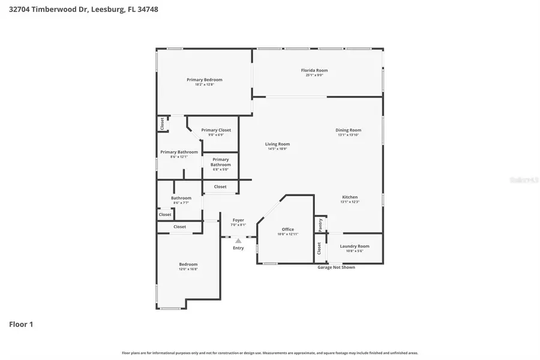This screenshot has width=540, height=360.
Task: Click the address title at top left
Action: coord(84,10)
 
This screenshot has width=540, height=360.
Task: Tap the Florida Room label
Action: coord(314,70)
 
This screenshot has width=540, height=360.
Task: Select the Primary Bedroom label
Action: coord(204,80)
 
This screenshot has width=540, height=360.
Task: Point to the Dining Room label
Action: coord(349,130)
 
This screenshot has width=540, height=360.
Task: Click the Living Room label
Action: coord(277,144)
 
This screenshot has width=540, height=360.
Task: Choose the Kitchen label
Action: coord(349,197)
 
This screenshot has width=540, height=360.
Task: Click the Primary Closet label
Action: coord(216,130)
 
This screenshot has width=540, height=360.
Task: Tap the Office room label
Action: coord(287,229)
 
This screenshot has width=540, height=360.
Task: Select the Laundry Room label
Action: coord(354,246)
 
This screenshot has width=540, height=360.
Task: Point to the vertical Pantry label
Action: coord(320,224)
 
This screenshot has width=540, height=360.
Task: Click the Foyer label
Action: coord(238,220)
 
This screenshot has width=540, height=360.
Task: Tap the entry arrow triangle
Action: coord(238,241)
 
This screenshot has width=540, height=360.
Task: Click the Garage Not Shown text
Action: coord(336,267)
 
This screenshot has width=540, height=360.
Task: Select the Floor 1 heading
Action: coord(21,324)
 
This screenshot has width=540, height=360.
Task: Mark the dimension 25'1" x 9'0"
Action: coord(314,76)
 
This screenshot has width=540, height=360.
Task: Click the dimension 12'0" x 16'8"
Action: coord(188,269)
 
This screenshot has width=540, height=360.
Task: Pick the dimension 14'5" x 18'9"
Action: coord(277,149)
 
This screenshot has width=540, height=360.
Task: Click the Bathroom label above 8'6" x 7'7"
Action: coord(181,198)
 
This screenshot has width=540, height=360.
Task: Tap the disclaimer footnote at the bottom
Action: coord(270,353)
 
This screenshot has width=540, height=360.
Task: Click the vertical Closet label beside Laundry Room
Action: coord(319,248)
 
